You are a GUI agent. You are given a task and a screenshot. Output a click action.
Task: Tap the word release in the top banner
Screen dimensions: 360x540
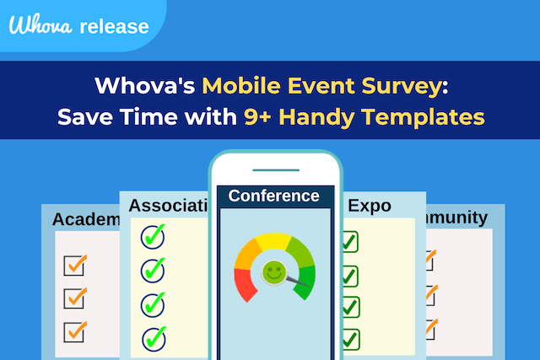click(x=114, y=26)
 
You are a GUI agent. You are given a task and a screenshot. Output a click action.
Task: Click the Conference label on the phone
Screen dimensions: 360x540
click(x=274, y=196)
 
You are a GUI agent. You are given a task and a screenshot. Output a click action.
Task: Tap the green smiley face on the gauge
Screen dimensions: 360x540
click(x=273, y=271)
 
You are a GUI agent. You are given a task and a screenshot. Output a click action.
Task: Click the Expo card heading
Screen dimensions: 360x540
click(x=370, y=205)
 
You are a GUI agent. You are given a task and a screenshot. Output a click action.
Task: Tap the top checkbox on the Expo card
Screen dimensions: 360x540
click(x=348, y=243)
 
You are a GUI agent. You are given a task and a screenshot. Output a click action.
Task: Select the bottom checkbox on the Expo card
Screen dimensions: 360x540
click(x=348, y=339)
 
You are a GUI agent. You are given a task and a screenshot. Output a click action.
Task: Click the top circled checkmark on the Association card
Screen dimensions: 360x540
click(x=153, y=237)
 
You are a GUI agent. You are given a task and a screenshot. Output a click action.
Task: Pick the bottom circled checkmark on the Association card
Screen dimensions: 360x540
click(x=154, y=337)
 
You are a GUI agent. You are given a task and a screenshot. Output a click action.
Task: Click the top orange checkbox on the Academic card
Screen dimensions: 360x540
click(x=75, y=265)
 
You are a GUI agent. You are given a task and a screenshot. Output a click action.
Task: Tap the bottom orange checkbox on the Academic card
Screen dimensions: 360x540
click(x=75, y=330)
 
